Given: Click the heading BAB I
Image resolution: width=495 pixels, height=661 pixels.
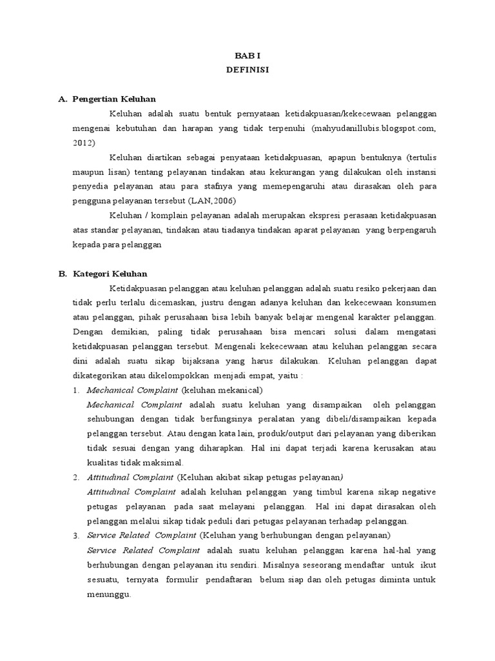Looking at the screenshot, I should [247, 56].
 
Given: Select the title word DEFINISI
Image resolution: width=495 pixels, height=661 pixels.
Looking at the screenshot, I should [247, 70].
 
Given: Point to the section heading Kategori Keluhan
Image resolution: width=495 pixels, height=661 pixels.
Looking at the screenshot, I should [110, 274].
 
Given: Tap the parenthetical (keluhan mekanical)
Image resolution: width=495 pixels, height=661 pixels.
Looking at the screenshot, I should [222, 391].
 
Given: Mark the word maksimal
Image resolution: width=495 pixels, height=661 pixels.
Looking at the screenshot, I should [167, 463].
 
